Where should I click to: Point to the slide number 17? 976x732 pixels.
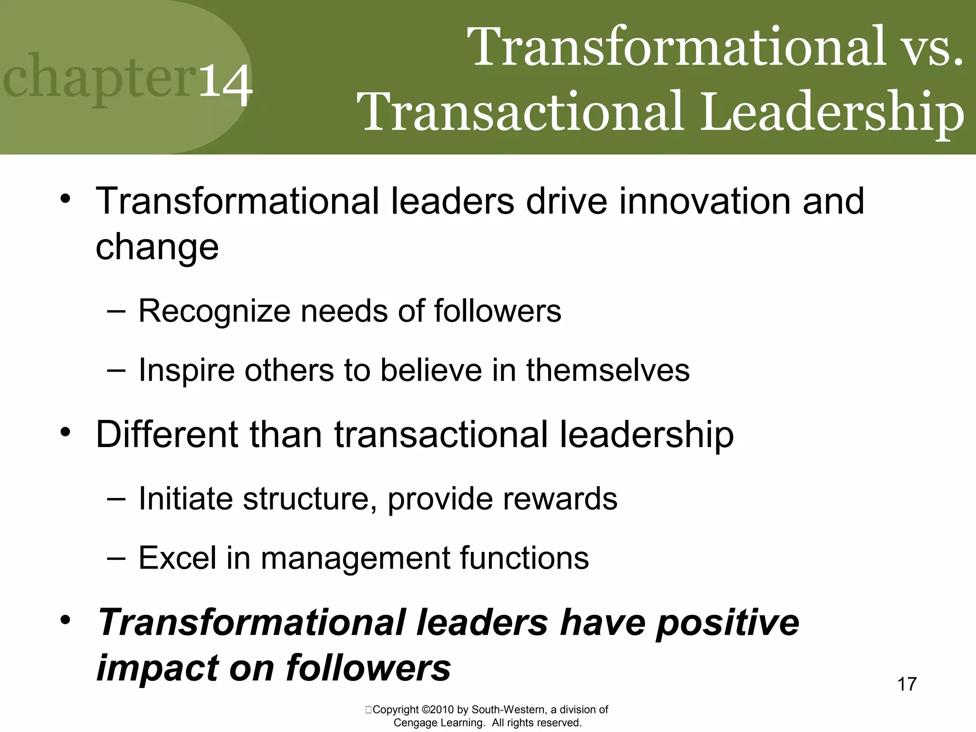[x=907, y=684]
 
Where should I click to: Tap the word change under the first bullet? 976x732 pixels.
[x=157, y=248]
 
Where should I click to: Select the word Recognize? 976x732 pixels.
[x=214, y=312]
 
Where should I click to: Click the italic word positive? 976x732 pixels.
[x=727, y=622]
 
